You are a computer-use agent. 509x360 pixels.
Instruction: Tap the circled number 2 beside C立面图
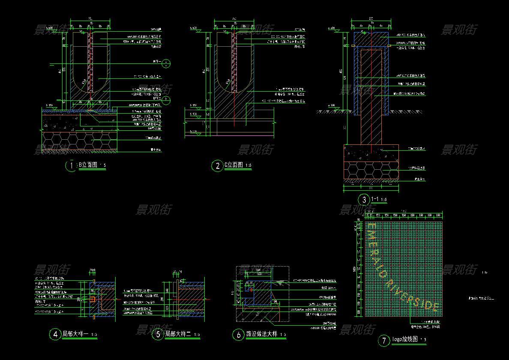point(217,165)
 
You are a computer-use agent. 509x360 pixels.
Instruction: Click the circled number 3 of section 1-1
point(364,199)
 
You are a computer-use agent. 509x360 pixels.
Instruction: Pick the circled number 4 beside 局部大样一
point(56,334)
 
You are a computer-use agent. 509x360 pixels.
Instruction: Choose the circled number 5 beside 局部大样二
point(158,334)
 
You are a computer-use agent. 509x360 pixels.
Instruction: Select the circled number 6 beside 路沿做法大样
point(238,335)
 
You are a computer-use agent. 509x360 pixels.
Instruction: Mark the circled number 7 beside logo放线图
point(383,341)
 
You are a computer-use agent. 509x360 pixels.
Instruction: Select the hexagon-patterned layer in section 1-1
point(371,170)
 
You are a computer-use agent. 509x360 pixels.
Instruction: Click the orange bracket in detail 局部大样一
point(93,298)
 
